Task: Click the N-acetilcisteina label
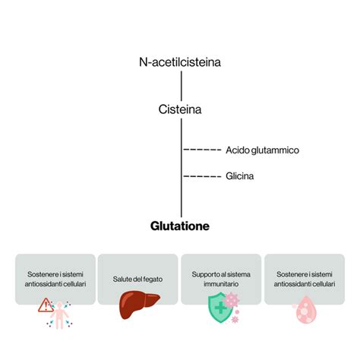180,62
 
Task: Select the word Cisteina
180,109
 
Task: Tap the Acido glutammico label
262,150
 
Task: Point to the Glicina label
239,176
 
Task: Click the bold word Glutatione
180,226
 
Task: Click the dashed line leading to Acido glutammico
203,150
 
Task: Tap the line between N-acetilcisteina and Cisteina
180,86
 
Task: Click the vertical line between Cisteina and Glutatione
181,190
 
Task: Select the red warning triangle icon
46,305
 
